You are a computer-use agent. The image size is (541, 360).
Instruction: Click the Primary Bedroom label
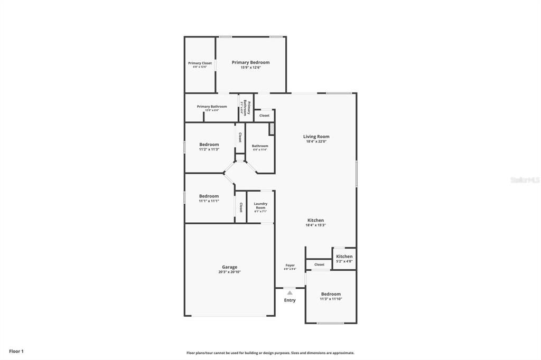pos(250,62)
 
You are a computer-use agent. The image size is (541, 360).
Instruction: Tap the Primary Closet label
pos(200,63)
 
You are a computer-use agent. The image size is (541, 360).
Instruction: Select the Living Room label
pos(316,137)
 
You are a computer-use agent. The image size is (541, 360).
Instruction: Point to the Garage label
pos(229,267)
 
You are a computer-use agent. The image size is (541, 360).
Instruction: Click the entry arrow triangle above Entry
pos(290,292)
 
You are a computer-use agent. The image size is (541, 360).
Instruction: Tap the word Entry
pos(290,300)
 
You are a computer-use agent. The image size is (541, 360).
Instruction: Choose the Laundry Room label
pos(260,205)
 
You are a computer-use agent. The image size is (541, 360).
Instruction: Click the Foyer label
pos(290,265)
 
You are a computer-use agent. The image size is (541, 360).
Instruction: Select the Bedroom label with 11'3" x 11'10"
pos(331,294)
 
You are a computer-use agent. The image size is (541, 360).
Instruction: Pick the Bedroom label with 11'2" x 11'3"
pos(209,145)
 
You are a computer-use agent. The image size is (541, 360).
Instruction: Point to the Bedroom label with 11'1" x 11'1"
pos(209,196)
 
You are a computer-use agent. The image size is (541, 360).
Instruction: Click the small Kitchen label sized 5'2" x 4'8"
pos(344,257)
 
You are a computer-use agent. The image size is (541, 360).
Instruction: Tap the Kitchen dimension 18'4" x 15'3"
pos(315,225)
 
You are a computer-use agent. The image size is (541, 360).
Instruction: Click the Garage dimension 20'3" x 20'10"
pos(229,272)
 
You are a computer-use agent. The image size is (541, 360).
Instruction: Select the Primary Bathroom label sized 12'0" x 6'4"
pos(212,107)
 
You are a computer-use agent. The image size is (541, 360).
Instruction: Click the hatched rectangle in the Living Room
pos(272,129)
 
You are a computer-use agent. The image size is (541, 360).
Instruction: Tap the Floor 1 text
pos(16,351)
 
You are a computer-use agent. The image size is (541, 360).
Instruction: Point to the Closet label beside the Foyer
pos(319,264)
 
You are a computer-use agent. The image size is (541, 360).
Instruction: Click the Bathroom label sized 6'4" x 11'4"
pos(260,146)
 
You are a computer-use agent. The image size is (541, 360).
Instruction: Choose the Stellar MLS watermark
pos(525,180)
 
